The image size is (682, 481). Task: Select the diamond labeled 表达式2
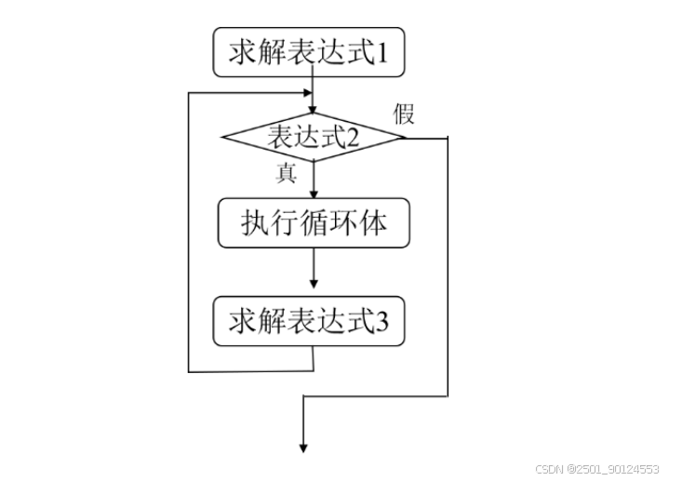tap(313, 138)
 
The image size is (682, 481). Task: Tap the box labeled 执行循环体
tap(313, 223)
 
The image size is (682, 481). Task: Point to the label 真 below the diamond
tap(287, 173)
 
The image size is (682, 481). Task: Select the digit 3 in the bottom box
tap(381, 322)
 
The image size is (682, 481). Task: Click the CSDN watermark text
tap(598, 469)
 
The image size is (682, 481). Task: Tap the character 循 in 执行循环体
tap(313, 223)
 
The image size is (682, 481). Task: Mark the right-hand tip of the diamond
tap(406, 139)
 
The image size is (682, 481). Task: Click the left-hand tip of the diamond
tap(222, 139)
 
